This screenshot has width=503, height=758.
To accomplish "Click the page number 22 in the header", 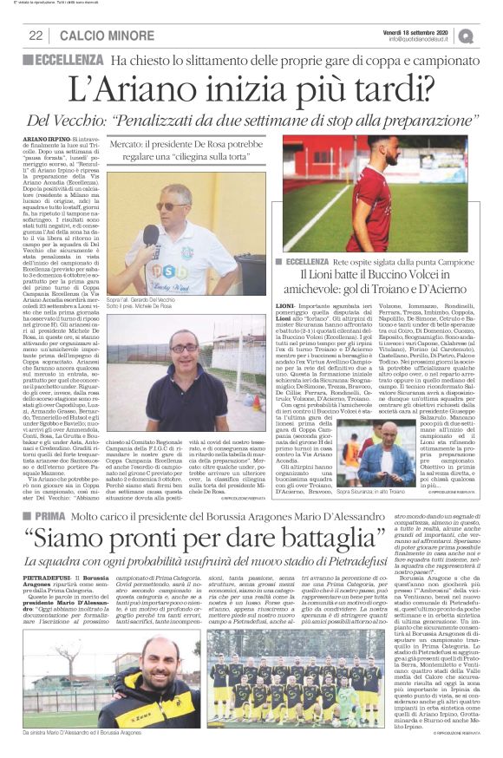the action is click(36, 36).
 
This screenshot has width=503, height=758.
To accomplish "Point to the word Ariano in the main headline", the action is click(141, 87).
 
